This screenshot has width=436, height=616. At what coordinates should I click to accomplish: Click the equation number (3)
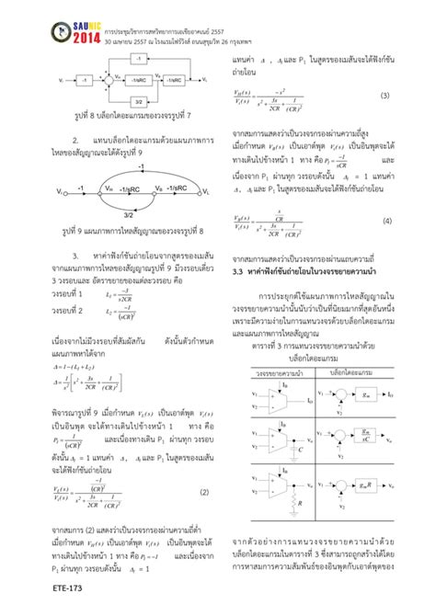click(384, 95)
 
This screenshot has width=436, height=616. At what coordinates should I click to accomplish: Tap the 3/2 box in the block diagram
click(137, 104)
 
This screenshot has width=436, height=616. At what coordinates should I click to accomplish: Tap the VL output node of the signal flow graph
click(207, 193)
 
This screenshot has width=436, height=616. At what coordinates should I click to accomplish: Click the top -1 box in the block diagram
click(137, 58)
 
